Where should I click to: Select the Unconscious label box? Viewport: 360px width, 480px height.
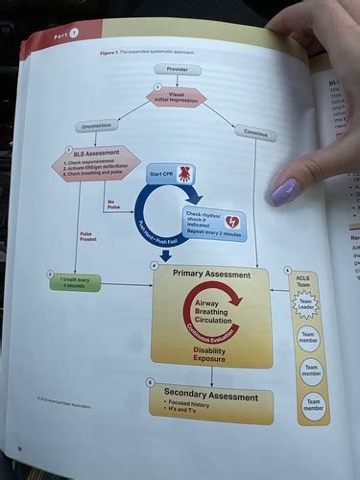pyautogui.click(x=97, y=126)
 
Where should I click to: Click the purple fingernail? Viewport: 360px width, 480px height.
pyautogui.click(x=286, y=191)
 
